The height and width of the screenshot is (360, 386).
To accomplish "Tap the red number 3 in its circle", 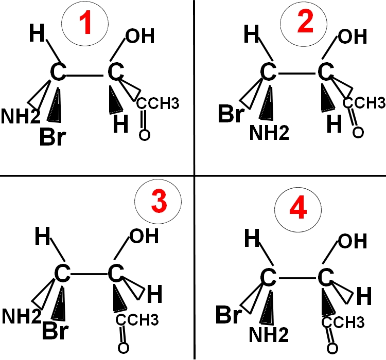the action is (161, 202).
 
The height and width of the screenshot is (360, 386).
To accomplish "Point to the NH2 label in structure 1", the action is (20, 116).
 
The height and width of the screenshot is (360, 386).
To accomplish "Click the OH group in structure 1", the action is (139, 38).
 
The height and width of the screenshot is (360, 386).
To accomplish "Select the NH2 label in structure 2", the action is (270, 133).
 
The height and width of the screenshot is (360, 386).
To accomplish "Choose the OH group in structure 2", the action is (351, 38).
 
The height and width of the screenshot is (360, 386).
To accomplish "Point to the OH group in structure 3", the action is (144, 236).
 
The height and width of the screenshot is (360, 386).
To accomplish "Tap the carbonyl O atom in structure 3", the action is (123, 347).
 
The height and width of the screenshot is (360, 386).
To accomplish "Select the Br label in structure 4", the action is (230, 315).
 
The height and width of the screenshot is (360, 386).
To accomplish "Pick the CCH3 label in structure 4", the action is (344, 323).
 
